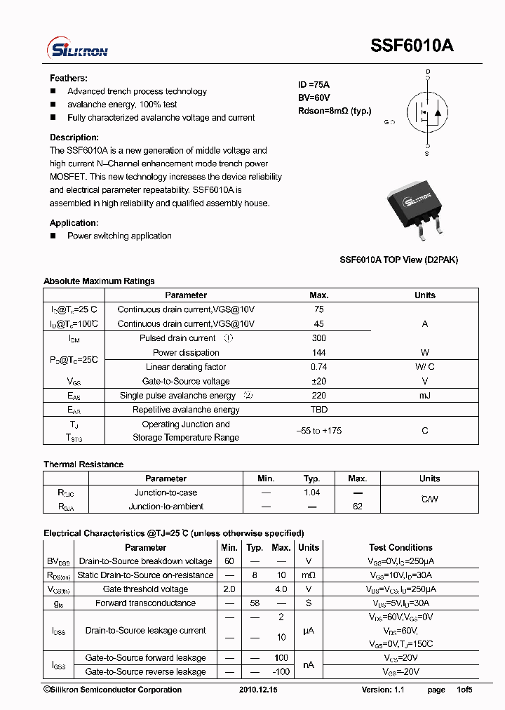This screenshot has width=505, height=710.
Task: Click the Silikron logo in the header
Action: click(77, 48)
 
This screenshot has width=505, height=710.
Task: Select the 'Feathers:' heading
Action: click(68, 79)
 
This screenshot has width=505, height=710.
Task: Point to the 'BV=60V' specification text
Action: click(314, 98)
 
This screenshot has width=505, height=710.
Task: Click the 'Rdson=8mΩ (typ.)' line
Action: click(335, 111)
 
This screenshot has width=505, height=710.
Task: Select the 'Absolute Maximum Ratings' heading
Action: click(99, 281)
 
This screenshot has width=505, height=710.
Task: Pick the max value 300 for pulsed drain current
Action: click(318, 338)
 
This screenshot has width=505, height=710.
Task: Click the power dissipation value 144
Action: click(318, 353)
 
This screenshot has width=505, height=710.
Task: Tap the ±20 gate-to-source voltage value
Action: click(318, 382)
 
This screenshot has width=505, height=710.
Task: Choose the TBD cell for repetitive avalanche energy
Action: click(318, 410)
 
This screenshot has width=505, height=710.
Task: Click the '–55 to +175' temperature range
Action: click(318, 431)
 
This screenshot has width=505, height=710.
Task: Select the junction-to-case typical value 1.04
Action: click(311, 493)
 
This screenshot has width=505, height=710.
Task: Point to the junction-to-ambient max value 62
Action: click(357, 507)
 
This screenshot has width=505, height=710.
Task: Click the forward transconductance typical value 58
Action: click(255, 603)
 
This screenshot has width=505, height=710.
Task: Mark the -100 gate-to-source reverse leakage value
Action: click(281, 672)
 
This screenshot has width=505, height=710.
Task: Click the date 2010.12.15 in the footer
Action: click(258, 690)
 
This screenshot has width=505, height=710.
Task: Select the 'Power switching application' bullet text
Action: click(119, 236)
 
